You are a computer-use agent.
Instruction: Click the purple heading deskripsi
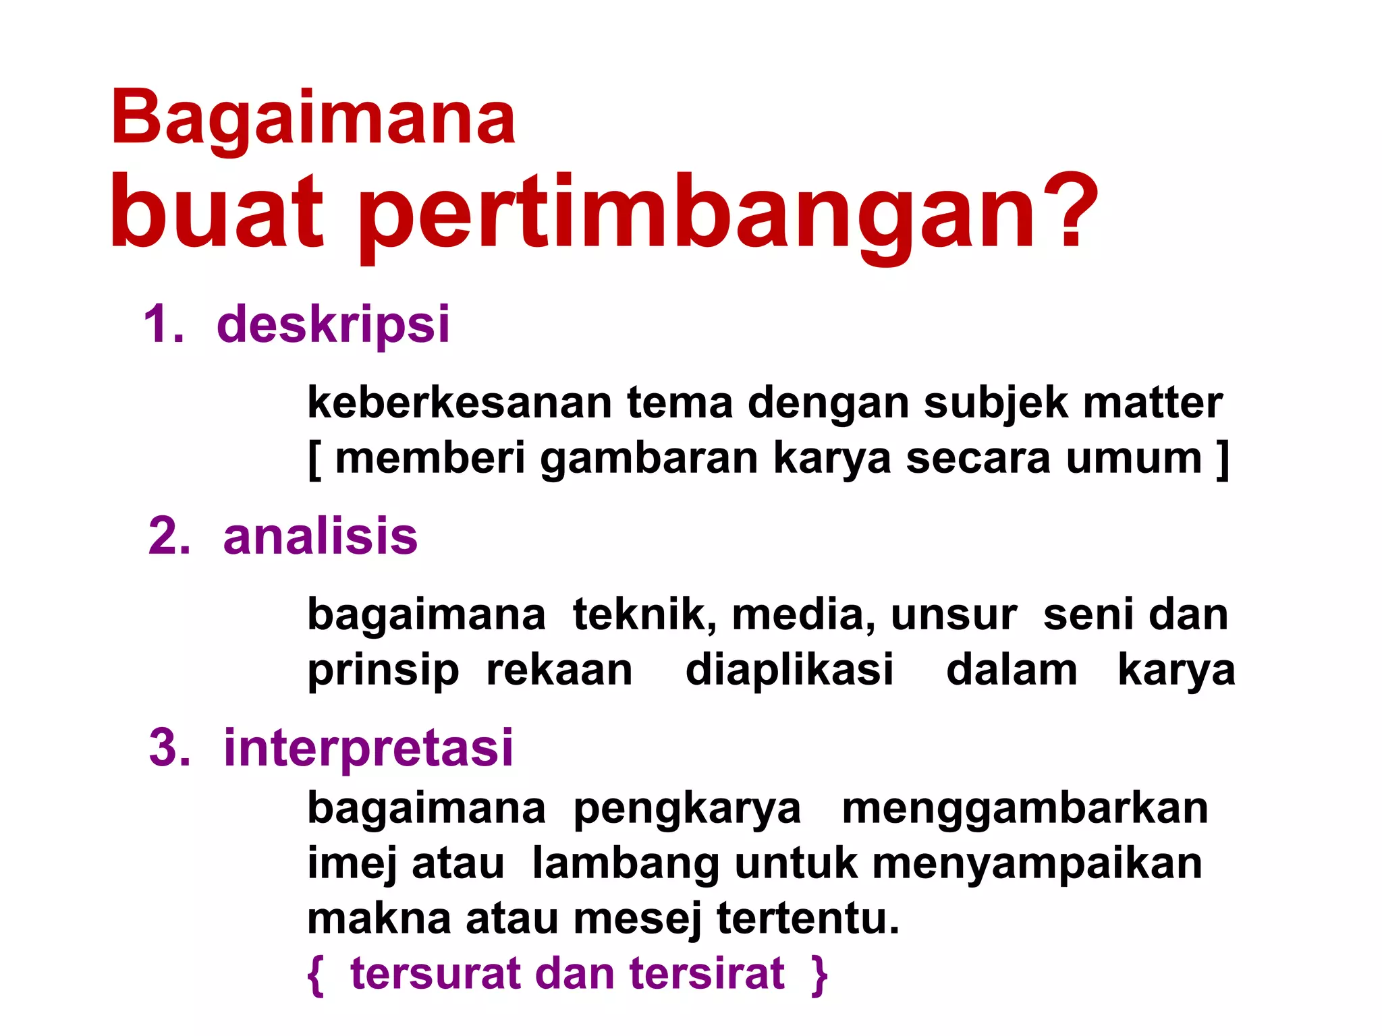333,325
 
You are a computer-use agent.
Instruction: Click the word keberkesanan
459,403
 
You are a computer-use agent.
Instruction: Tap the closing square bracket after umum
1221,459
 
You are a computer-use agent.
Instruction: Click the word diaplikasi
790,670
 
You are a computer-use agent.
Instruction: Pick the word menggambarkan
1024,808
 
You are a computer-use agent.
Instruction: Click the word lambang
625,863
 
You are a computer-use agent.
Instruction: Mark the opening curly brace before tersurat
315,975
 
